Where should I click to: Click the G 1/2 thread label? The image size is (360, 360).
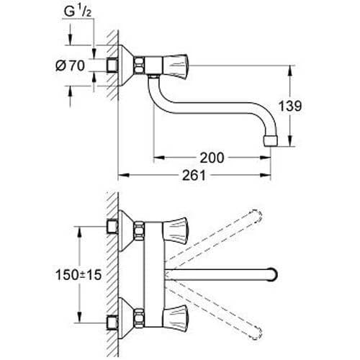pyautogui.click(x=78, y=12)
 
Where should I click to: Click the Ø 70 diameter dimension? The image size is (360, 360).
pyautogui.click(x=70, y=66)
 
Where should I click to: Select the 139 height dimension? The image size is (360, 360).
pyautogui.click(x=290, y=106)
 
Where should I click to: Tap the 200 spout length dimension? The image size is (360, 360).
pyautogui.click(x=212, y=158)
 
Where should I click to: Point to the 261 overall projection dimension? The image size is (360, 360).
pyautogui.click(x=194, y=175)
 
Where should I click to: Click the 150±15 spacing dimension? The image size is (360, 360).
pyautogui.click(x=78, y=274)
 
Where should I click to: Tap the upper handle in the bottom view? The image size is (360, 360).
pyautogui.click(x=176, y=229)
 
